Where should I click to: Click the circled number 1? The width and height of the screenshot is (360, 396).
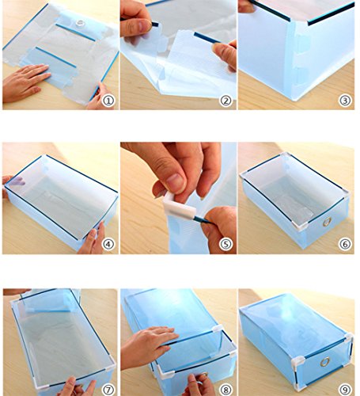108,101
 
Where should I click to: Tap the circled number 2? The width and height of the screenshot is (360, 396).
226,101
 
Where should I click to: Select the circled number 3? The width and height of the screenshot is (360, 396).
345,101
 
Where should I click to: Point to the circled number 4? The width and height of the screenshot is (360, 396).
108,244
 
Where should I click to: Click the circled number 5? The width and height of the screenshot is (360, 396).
226,244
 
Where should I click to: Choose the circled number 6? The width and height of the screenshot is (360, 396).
345,244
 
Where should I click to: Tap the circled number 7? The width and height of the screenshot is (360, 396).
108,390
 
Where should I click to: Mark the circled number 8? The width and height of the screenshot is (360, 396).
226,390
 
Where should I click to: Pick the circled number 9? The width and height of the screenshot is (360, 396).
345,390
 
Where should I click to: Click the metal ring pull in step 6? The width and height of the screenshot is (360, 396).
328,222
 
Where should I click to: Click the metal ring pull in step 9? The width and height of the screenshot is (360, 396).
325,362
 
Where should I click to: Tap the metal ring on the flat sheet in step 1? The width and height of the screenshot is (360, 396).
80,23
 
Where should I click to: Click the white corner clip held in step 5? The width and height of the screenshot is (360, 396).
180,206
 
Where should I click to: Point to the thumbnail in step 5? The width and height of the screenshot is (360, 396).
173,183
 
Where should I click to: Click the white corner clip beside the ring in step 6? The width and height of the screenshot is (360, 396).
300,225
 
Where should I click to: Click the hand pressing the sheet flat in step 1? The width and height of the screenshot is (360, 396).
25,82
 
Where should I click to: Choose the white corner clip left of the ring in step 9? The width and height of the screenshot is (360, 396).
297,362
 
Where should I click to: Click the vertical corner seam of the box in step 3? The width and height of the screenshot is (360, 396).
293,60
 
